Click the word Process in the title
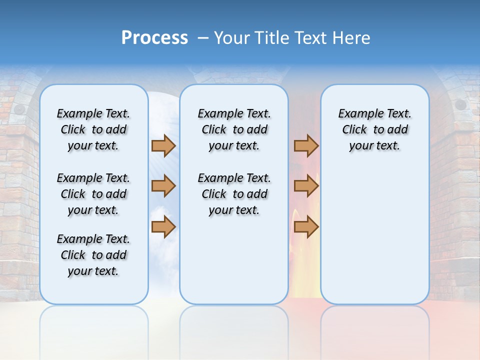[x=154, y=37]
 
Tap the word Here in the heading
[x=351, y=38]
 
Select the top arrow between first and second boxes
[x=163, y=145]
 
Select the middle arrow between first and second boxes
[x=163, y=186]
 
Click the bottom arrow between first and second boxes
[x=163, y=227]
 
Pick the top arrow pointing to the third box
[x=306, y=145]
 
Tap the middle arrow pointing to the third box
[x=306, y=186]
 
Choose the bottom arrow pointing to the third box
[x=306, y=227]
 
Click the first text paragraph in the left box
[x=93, y=129]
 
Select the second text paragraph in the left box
[x=93, y=194]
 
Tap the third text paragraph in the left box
[x=93, y=255]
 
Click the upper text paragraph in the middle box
[x=234, y=129]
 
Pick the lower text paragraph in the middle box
[x=234, y=194]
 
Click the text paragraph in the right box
[x=374, y=129]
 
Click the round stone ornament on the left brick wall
[x=19, y=108]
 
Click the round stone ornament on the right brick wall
[x=459, y=104]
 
